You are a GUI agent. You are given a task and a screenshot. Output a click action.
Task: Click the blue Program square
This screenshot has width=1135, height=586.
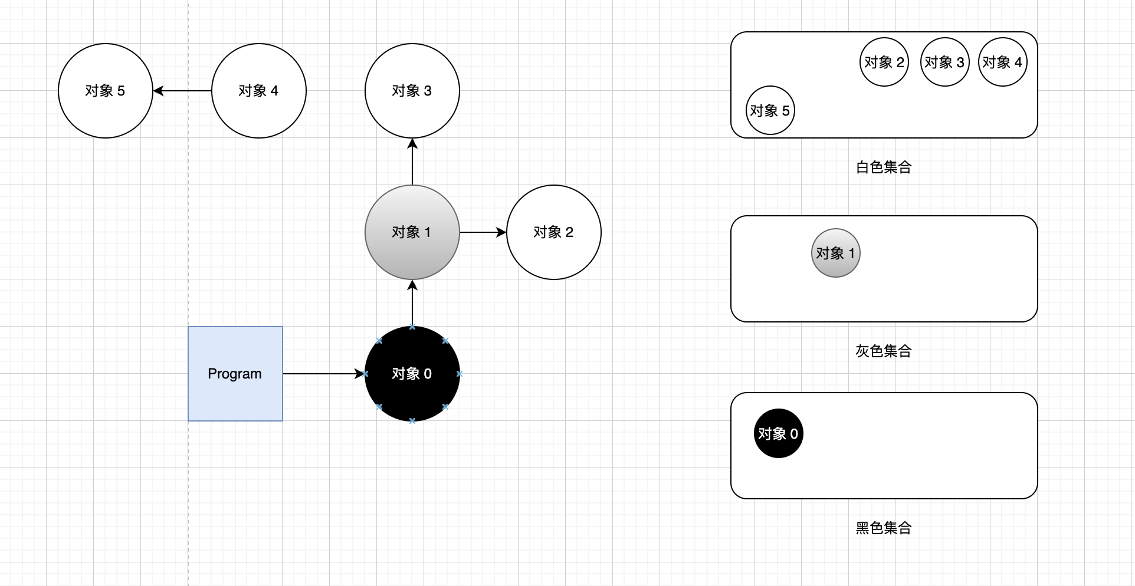pyautogui.click(x=235, y=374)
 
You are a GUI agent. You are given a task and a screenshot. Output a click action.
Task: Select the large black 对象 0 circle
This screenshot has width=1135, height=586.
pyautogui.click(x=412, y=374)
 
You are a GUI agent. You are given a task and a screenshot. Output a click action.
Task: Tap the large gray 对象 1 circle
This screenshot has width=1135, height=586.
pyautogui.click(x=412, y=232)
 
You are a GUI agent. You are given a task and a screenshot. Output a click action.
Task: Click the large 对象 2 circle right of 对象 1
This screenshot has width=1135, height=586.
pyautogui.click(x=553, y=232)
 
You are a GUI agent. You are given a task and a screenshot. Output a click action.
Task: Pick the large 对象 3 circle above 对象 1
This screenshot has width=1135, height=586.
pyautogui.click(x=412, y=91)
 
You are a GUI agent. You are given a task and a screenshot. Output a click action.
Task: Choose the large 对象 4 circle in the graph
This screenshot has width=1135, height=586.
pyautogui.click(x=258, y=91)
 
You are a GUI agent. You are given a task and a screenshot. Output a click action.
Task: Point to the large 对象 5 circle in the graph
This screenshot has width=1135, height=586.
pyautogui.click(x=105, y=91)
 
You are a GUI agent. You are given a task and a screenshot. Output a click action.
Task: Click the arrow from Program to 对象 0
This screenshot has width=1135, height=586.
pyautogui.click(x=323, y=374)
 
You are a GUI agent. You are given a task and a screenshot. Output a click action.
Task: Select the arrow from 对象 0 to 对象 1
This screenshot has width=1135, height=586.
pyautogui.click(x=412, y=303)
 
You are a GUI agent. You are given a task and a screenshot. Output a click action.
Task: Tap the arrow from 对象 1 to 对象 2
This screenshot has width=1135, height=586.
pyautogui.click(x=483, y=232)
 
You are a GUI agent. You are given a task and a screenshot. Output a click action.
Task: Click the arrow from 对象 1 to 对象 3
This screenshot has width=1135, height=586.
pyautogui.click(x=412, y=162)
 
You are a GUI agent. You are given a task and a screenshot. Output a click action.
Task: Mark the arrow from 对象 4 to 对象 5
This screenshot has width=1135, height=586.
pyautogui.click(x=182, y=91)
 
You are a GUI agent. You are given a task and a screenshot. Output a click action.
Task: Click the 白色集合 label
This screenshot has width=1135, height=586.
pyautogui.click(x=884, y=167)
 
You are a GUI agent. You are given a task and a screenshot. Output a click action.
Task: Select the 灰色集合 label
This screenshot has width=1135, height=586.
pyautogui.click(x=884, y=351)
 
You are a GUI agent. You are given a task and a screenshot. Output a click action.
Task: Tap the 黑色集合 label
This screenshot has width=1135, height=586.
pyautogui.click(x=884, y=528)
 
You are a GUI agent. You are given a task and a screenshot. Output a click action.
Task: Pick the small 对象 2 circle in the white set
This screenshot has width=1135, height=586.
pyautogui.click(x=884, y=62)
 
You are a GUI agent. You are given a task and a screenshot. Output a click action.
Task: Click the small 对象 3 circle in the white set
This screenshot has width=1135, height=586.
pyautogui.click(x=944, y=62)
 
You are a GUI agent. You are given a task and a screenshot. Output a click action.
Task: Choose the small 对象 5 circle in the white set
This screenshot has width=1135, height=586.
pyautogui.click(x=770, y=110)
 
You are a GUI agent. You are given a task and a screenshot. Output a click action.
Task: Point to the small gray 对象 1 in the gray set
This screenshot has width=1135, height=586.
pyautogui.click(x=835, y=253)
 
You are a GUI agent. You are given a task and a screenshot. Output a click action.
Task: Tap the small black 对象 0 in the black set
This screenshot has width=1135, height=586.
pyautogui.click(x=778, y=433)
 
